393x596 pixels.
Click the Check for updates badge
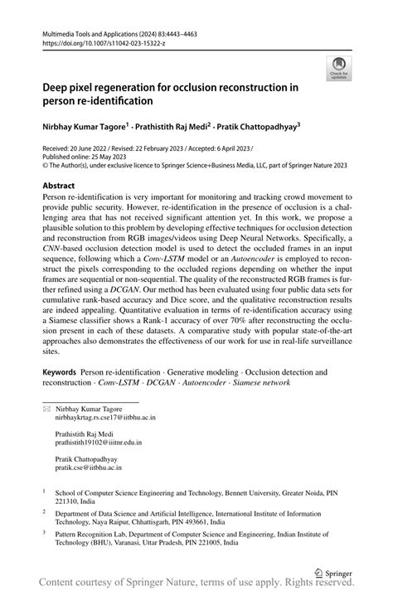click(x=338, y=68)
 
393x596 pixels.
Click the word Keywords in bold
click(x=60, y=373)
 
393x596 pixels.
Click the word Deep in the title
click(x=58, y=86)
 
